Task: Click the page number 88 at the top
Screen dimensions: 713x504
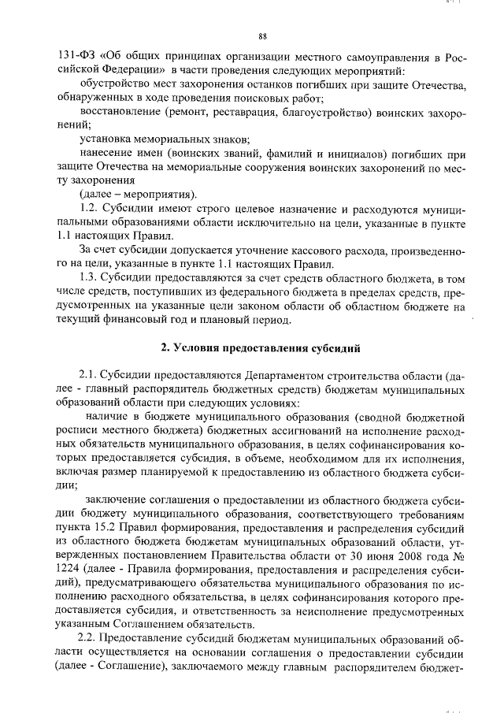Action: tap(263, 36)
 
